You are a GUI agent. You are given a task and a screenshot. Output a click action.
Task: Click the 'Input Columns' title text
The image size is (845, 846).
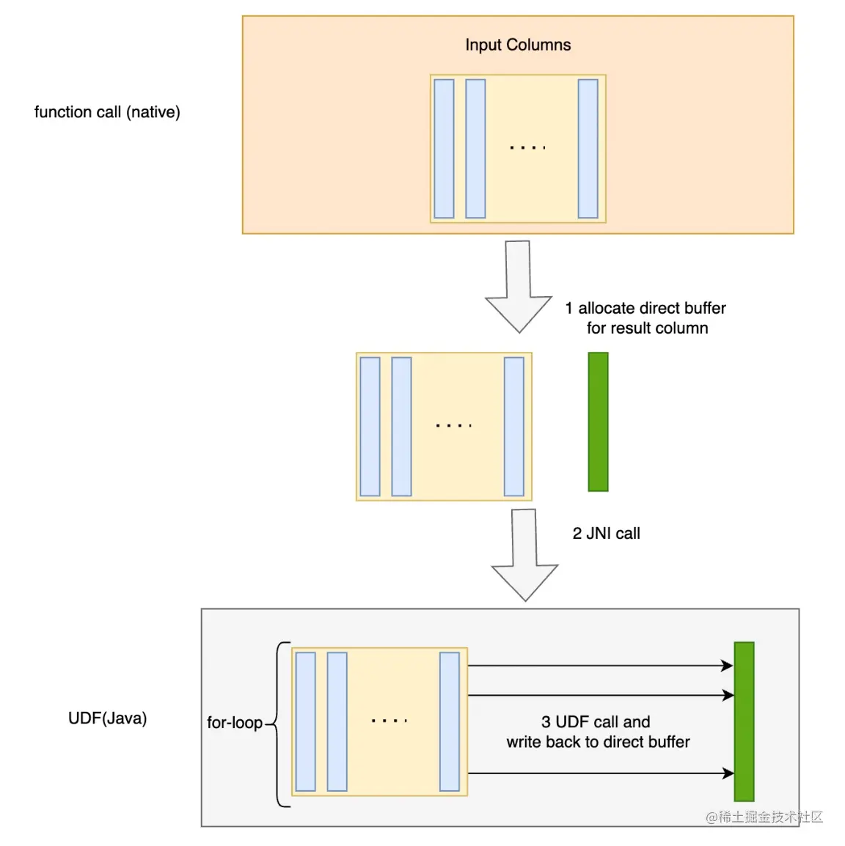518,45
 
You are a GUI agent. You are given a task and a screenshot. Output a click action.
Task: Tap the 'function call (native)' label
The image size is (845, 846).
107,112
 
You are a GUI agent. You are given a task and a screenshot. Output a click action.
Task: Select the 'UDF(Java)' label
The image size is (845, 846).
107,718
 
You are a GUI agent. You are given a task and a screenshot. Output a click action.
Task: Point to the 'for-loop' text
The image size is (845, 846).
234,723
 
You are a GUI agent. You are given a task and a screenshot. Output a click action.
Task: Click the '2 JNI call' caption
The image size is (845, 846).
606,534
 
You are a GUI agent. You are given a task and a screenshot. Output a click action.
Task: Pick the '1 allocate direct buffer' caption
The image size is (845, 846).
645,308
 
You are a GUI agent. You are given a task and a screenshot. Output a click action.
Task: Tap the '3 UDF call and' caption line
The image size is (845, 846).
596,722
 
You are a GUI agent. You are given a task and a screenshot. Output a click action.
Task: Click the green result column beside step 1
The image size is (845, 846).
598,422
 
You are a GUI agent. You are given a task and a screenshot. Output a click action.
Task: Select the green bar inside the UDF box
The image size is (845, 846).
744,721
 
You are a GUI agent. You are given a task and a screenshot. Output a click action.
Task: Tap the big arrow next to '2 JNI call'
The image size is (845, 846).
524,555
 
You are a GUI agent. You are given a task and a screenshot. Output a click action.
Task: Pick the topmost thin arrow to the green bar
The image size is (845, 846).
600,666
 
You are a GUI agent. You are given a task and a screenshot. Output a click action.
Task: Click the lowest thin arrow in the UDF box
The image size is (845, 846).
600,773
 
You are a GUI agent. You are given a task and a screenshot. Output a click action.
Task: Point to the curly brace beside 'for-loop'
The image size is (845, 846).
279,724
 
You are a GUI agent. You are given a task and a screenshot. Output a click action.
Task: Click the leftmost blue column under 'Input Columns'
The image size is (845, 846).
444,149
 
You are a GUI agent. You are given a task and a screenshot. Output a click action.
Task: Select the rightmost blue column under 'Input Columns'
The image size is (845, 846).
588,149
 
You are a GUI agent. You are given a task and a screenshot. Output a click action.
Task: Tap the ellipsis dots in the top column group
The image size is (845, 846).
527,148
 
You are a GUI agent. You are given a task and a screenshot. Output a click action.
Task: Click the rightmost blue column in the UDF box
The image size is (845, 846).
449,721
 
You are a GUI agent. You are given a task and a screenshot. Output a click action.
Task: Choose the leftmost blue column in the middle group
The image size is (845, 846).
370,427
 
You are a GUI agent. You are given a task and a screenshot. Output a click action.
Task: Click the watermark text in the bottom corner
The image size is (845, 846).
764,817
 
